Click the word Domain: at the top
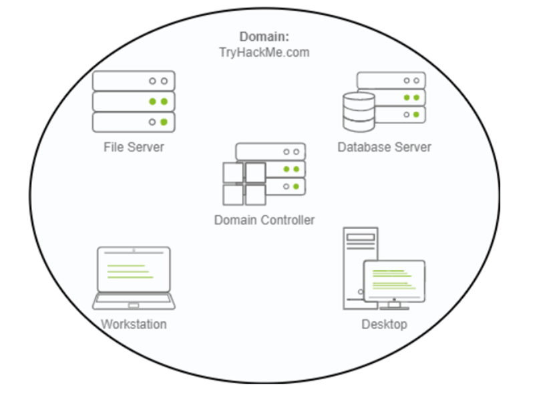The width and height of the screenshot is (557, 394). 265,37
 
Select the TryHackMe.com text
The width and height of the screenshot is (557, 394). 265,52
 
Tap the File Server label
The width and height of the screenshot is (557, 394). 134,146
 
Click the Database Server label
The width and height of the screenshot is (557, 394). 384,147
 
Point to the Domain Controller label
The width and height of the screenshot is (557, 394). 264,220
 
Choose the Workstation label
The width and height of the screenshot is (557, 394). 134,325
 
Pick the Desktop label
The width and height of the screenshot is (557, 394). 384,325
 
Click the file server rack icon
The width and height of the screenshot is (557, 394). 134,102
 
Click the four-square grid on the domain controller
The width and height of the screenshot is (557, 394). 244,184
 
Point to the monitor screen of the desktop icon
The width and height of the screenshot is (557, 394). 393,280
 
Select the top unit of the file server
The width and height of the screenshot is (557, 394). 134,81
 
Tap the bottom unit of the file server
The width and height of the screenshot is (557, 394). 134,122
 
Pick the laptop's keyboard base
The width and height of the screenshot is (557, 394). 134,303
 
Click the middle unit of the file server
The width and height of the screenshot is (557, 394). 134,102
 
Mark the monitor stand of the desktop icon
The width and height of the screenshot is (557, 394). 393,306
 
